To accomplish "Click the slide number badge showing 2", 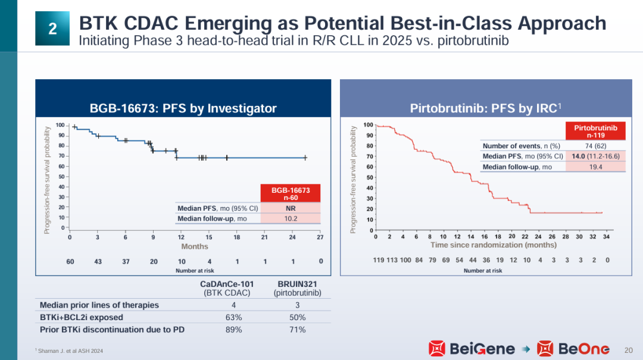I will point(52,28).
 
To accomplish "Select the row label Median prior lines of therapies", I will point(99,305).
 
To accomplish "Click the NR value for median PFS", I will point(291,208).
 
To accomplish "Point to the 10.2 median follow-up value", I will point(291,218).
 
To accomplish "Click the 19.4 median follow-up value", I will point(595,167).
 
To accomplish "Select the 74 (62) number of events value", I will point(595,146).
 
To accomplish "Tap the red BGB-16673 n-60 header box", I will point(291,193).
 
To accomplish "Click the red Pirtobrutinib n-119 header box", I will point(595,132).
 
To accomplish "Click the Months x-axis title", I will point(195,246).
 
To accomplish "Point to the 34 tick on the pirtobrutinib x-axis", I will point(606,236).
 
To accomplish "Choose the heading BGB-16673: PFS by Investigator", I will point(183,108).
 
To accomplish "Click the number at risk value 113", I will point(391,259).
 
